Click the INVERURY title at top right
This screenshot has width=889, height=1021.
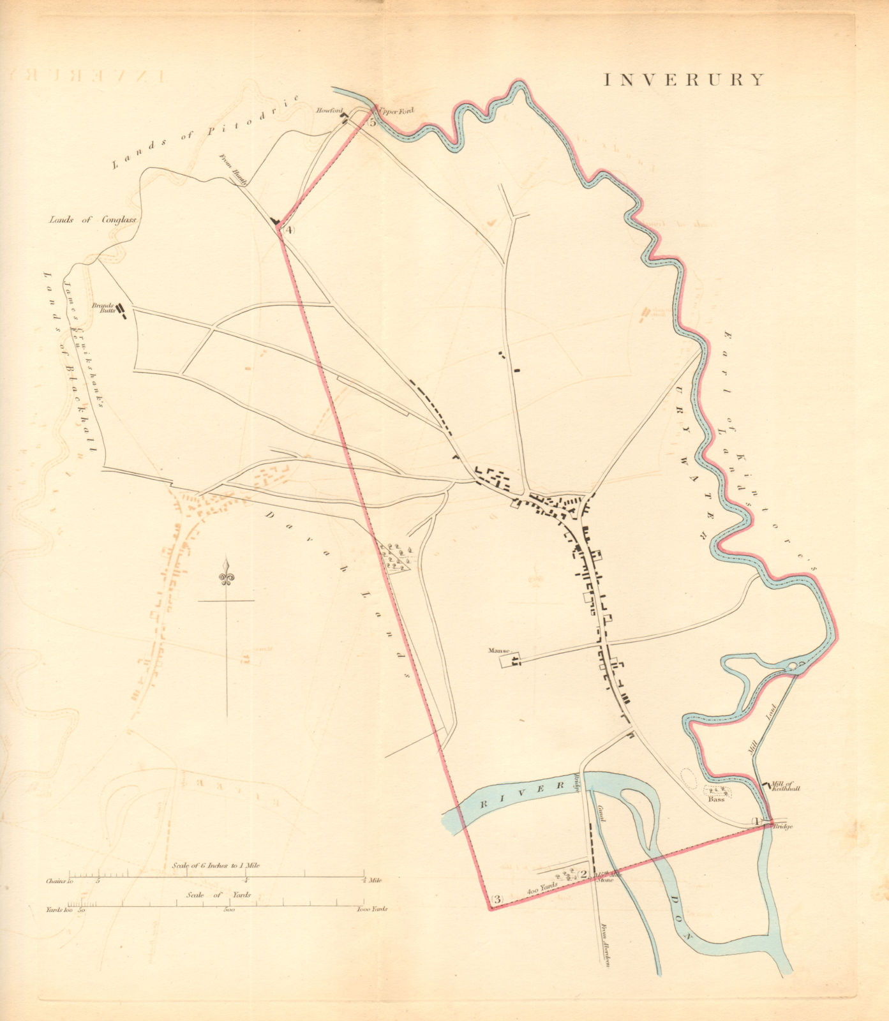(684, 80)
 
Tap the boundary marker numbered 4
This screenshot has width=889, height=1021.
(288, 230)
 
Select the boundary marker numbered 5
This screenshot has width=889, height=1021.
(372, 123)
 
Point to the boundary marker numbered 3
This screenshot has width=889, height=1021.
(498, 900)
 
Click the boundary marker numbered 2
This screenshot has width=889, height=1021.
(582, 874)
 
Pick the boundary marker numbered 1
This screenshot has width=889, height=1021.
(757, 821)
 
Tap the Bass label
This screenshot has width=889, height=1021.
(716, 798)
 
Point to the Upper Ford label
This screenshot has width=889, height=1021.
(396, 111)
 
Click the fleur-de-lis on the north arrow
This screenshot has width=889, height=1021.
(226, 573)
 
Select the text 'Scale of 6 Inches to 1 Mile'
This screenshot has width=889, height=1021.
(216, 866)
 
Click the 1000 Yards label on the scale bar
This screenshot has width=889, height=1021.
(371, 909)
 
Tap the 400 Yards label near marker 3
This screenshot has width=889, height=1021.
(542, 888)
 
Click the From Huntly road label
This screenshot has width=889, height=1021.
(234, 170)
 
